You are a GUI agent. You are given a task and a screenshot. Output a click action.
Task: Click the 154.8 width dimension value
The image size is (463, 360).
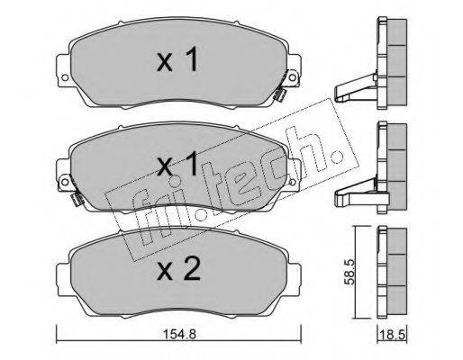pyautogui.click(x=178, y=334)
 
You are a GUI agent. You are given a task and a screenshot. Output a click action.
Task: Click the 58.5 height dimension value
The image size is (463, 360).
pyautogui.click(x=350, y=272)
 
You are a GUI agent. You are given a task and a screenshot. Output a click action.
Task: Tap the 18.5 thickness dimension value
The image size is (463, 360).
pyautogui.click(x=393, y=334)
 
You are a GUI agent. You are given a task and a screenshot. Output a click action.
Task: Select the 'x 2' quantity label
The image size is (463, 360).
pyautogui.click(x=178, y=269)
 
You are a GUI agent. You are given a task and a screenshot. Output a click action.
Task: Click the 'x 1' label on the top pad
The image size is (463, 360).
pyautogui.click(x=177, y=59)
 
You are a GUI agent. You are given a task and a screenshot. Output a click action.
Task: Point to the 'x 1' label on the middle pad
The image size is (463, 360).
pyautogui.click(x=177, y=164)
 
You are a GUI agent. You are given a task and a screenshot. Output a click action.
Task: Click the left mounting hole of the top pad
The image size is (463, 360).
pyautogui.click(x=65, y=77)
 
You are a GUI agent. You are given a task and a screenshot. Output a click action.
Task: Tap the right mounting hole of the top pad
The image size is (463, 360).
pyautogui.click(x=292, y=77)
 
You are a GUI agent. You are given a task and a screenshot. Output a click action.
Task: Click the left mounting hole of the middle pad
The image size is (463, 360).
pyautogui.click(x=65, y=182)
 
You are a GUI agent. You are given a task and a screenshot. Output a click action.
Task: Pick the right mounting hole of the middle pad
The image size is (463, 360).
pyautogui.click(x=292, y=182)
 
